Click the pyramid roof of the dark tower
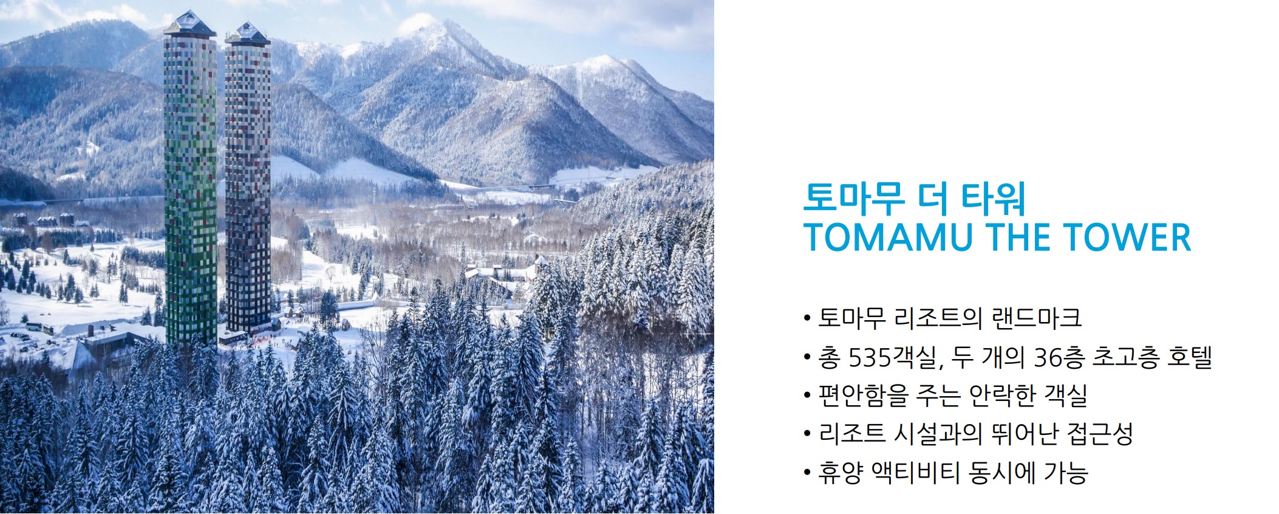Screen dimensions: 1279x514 click(247, 33)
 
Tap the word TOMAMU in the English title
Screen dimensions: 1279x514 click(888, 238)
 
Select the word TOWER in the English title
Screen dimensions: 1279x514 click(1128, 238)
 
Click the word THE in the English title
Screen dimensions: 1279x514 click(1018, 238)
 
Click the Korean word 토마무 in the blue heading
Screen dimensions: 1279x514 click(853, 198)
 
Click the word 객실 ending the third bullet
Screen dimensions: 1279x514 click(1065, 396)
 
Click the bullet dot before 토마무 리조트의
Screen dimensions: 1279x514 click(807, 318)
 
